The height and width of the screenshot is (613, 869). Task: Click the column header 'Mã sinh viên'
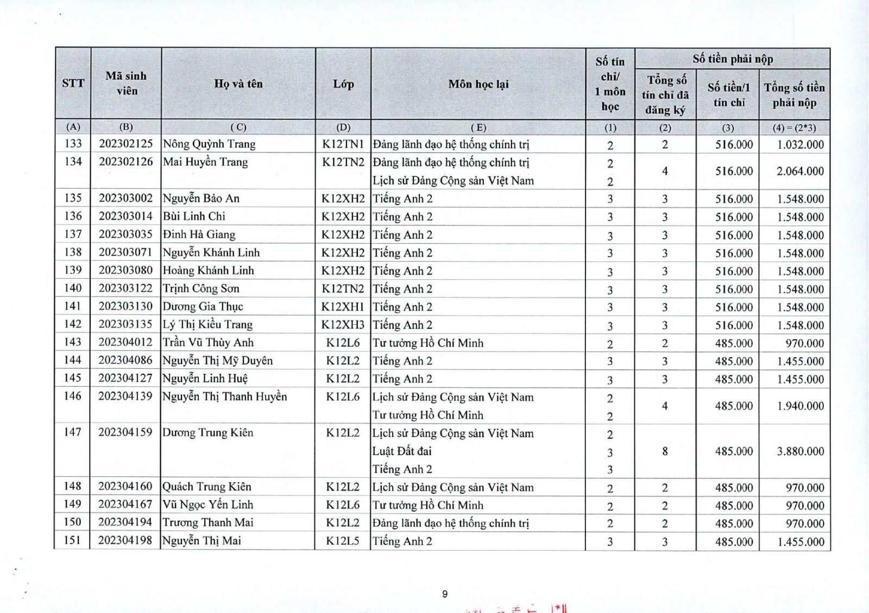pyautogui.click(x=126, y=84)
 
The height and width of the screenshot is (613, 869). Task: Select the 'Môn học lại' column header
pyautogui.click(x=478, y=84)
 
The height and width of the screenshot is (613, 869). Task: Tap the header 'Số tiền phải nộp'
pyautogui.click(x=732, y=59)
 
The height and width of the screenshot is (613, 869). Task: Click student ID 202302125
pyautogui.click(x=126, y=144)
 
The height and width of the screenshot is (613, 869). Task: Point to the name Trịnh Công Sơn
pyautogui.click(x=201, y=288)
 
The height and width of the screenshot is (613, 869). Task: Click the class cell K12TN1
pyautogui.click(x=343, y=144)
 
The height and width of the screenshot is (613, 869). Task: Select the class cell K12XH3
pyautogui.click(x=343, y=324)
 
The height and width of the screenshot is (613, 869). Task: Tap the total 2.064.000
pyautogui.click(x=800, y=171)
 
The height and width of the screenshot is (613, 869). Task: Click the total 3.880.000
pyautogui.click(x=800, y=451)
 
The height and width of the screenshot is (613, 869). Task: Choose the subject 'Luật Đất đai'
pyautogui.click(x=402, y=451)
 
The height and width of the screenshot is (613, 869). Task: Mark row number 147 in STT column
pyautogui.click(x=72, y=432)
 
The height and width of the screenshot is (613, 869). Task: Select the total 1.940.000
pyautogui.click(x=800, y=406)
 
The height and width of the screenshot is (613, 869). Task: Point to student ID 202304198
pyautogui.click(x=125, y=540)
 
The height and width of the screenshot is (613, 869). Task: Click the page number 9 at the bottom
pyautogui.click(x=445, y=594)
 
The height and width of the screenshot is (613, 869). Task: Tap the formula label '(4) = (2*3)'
pyautogui.click(x=794, y=128)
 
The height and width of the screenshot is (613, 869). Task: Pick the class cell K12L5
pyautogui.click(x=343, y=541)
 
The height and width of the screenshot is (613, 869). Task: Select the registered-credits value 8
pyautogui.click(x=665, y=451)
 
